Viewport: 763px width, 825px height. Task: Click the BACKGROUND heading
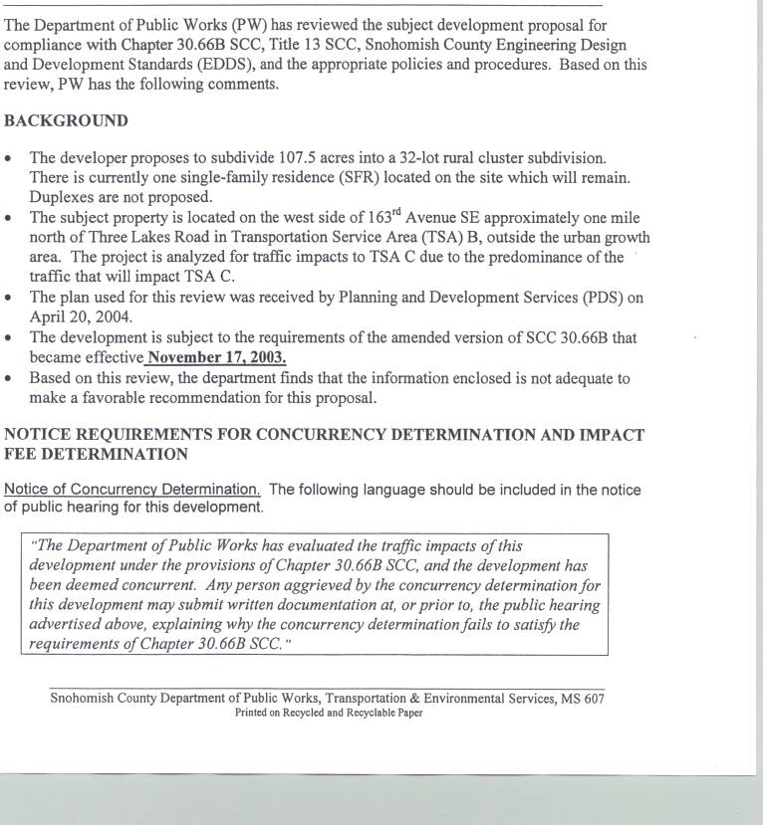coord(66,120)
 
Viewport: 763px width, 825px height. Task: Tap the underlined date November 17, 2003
coord(217,357)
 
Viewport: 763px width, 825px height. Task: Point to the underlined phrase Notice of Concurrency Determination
coord(132,490)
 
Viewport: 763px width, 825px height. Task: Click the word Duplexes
coord(62,197)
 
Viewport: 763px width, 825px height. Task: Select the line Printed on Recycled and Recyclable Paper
coord(329,713)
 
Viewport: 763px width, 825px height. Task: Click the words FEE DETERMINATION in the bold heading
coord(97,454)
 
